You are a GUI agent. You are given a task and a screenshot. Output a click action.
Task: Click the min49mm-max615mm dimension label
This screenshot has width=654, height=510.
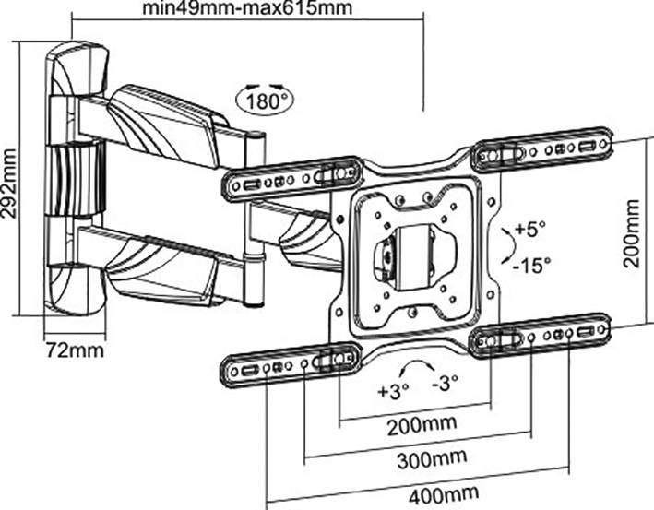pos(247,11)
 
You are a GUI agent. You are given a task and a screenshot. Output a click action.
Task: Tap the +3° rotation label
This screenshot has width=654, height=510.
pos(392,389)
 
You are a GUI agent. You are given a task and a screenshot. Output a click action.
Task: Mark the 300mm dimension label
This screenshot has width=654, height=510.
pos(419,458)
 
